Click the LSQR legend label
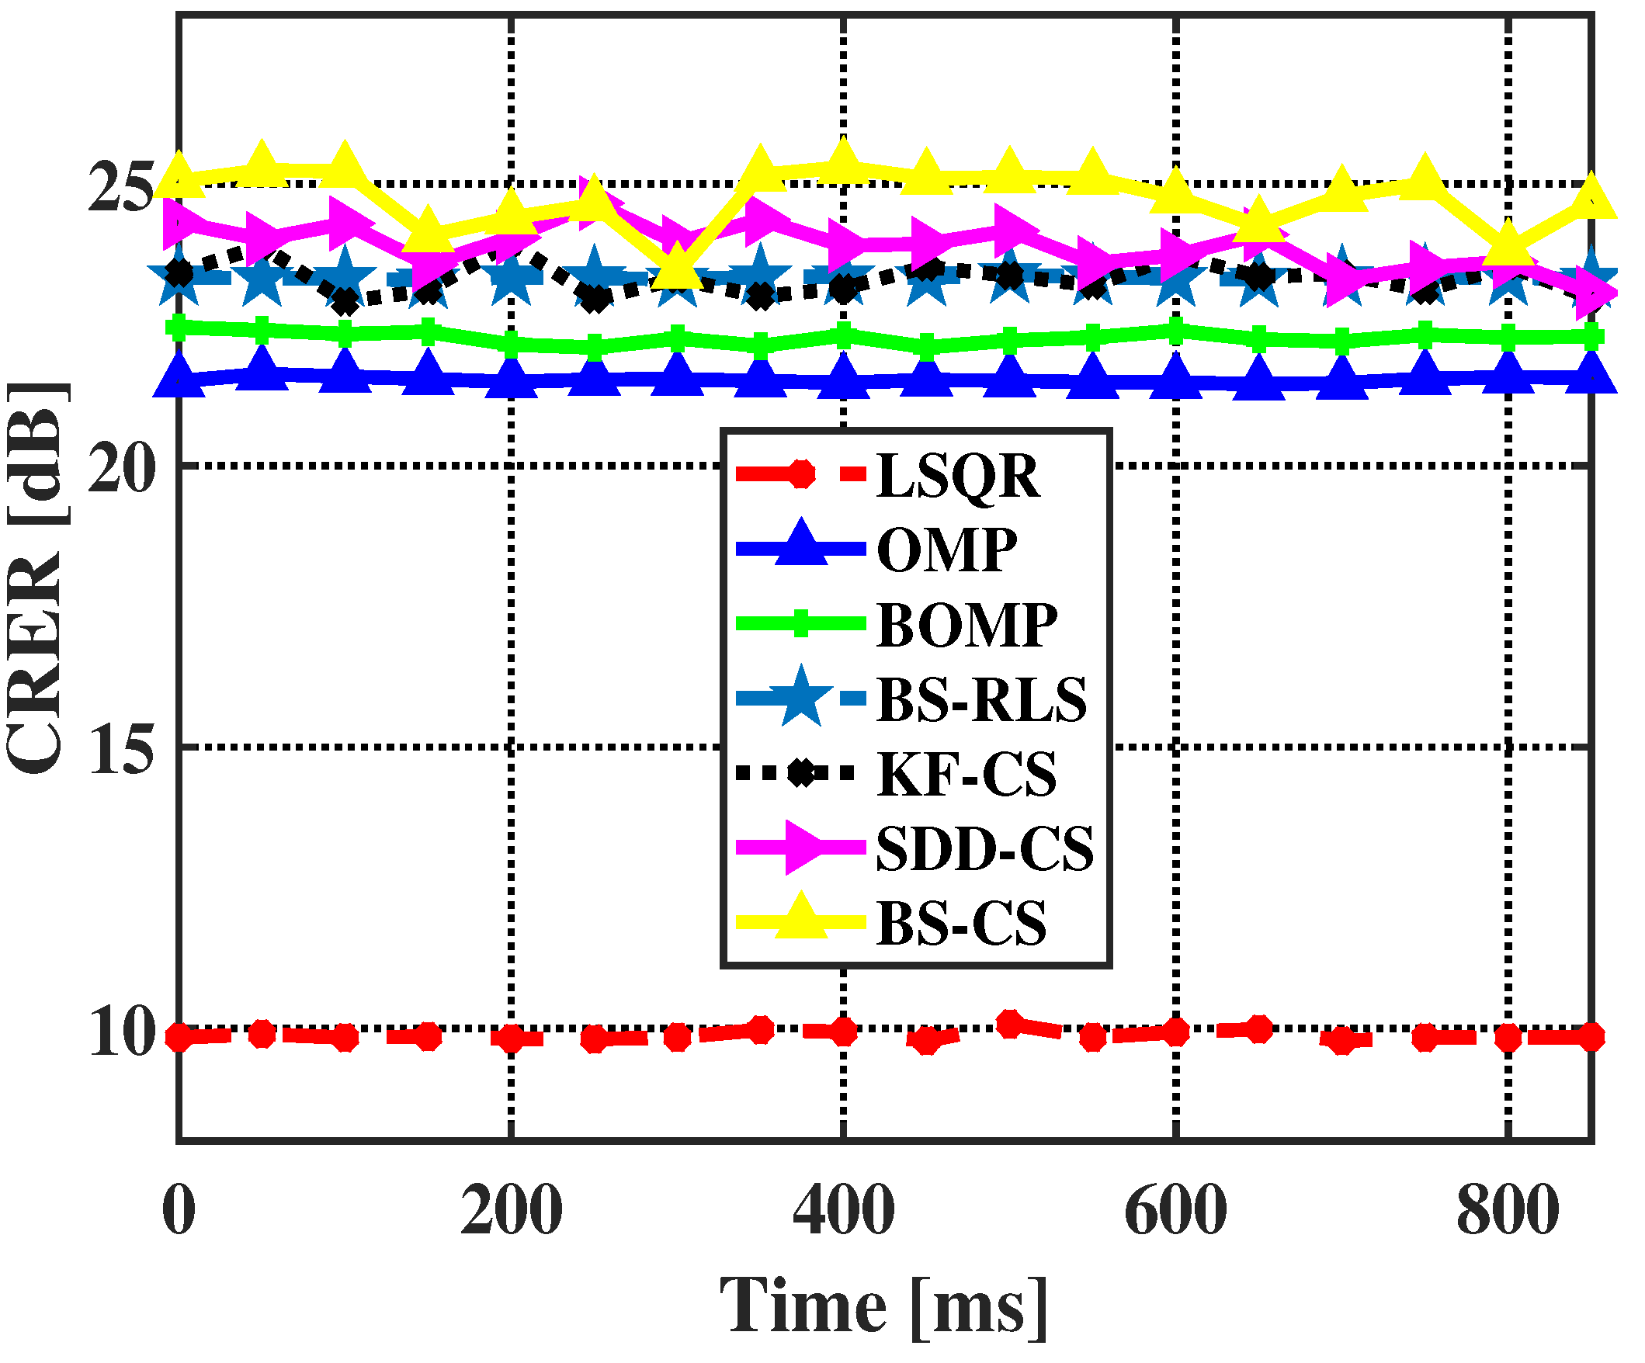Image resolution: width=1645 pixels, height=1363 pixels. point(957,476)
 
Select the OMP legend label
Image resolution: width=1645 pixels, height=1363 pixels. point(946,550)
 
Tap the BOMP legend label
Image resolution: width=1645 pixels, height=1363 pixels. point(967,625)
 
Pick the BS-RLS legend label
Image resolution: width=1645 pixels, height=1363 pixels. point(981,699)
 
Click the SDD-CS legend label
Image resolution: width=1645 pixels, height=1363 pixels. point(984,848)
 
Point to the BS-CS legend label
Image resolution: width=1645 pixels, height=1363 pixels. point(961,923)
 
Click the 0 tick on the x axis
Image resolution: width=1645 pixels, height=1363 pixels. point(179,1210)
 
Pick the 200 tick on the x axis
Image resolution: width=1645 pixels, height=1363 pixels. point(511,1210)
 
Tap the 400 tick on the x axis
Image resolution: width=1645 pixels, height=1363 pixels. point(844,1210)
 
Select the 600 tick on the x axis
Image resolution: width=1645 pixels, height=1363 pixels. point(1175,1210)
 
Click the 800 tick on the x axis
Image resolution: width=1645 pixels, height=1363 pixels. point(1507,1210)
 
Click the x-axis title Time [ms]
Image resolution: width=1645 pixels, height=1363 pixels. point(883,1306)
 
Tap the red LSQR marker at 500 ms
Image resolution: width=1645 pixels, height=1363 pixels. point(1010,1025)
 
